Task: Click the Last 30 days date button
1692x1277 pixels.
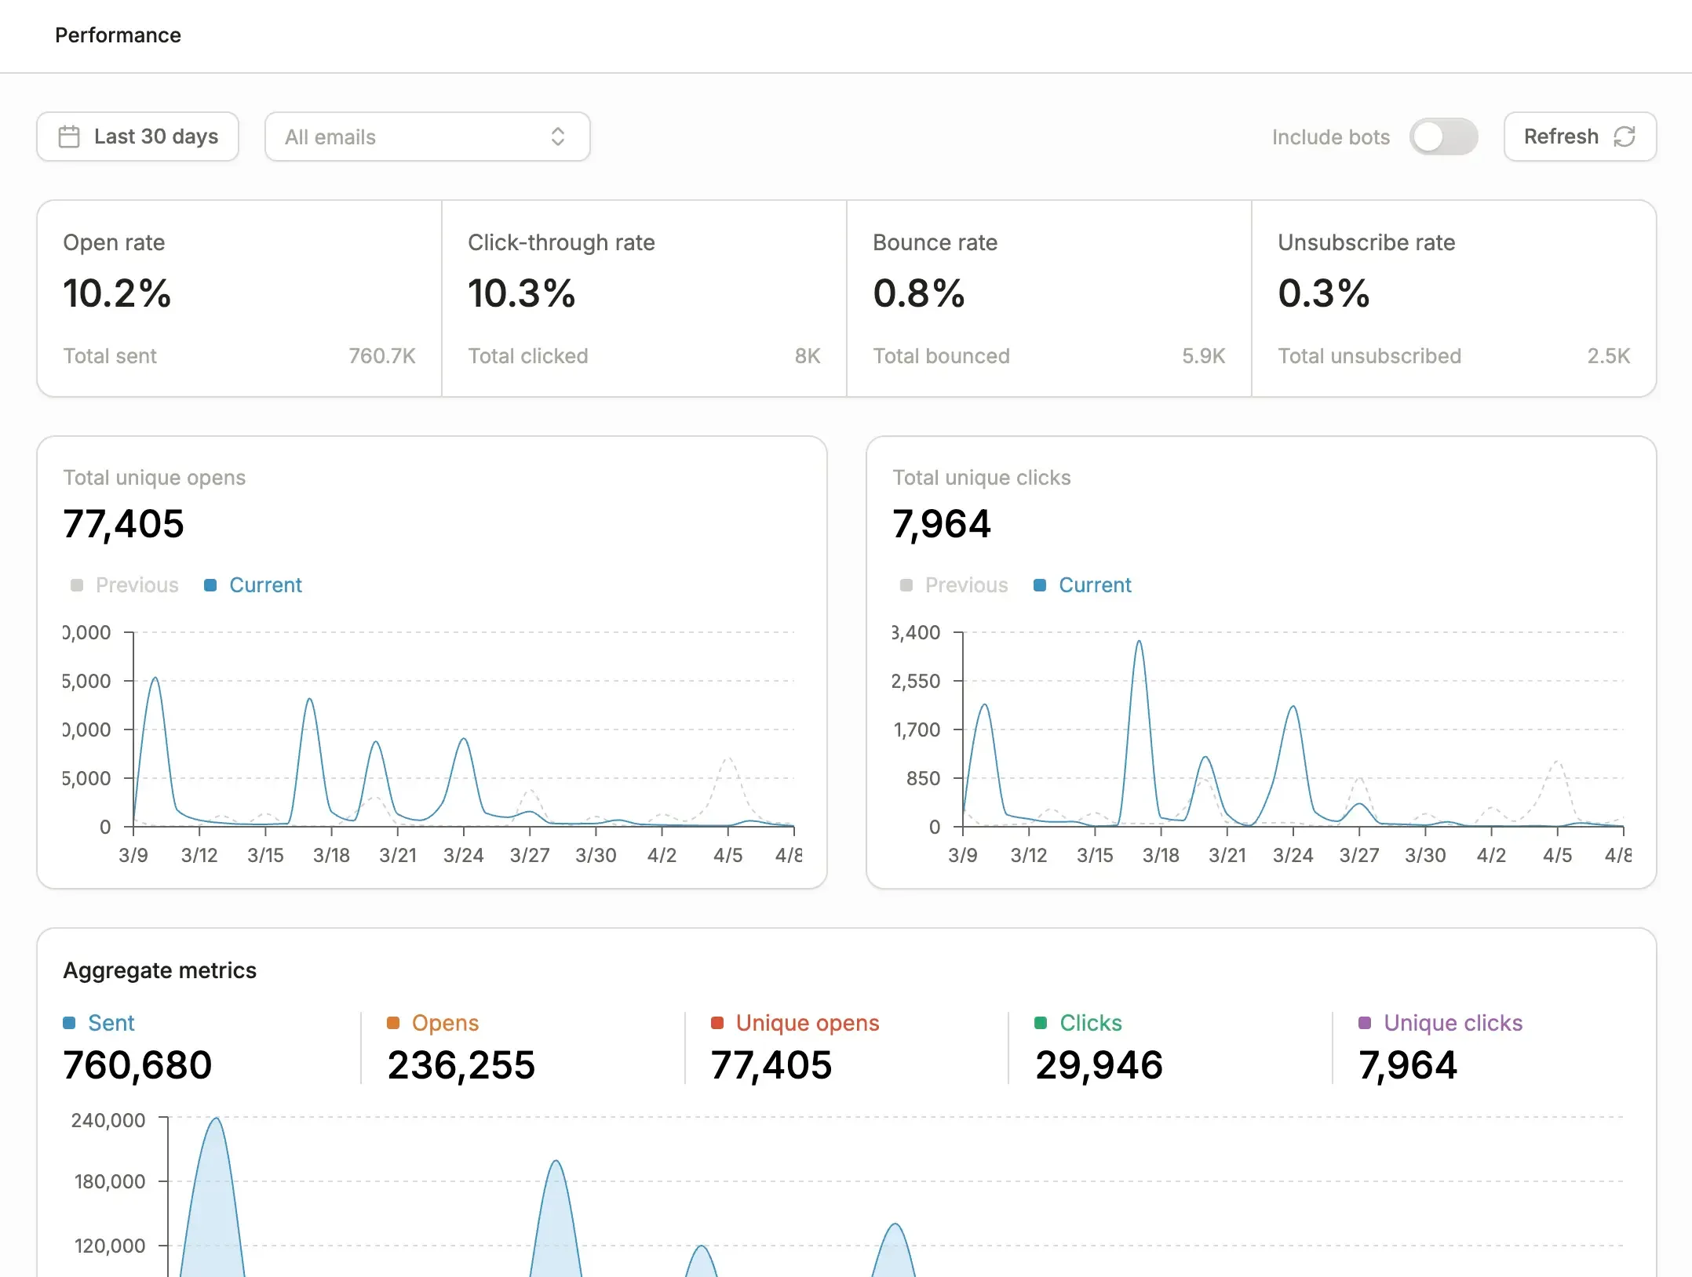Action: click(x=138, y=136)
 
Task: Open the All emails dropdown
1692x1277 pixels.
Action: click(x=427, y=136)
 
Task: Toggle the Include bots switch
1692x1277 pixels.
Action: click(x=1442, y=136)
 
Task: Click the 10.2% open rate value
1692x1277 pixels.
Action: click(x=117, y=293)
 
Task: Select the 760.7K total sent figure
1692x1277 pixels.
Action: click(x=381, y=356)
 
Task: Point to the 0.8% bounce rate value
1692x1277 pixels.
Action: click(x=918, y=293)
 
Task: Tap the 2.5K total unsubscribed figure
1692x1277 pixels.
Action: click(x=1608, y=356)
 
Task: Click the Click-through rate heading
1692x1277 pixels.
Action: click(x=561, y=242)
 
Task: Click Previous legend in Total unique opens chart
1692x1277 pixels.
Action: click(x=137, y=585)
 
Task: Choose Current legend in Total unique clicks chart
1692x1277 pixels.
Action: click(x=1094, y=585)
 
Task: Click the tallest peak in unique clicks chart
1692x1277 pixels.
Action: click(x=1139, y=642)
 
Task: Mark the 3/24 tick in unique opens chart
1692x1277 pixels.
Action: click(x=463, y=854)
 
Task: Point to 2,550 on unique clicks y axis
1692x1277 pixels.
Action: click(x=915, y=681)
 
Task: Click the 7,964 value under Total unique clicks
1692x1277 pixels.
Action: click(x=941, y=524)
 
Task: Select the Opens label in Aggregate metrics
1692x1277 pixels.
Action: click(x=444, y=1023)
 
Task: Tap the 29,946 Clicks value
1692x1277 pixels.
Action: click(x=1098, y=1065)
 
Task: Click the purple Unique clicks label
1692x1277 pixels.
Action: click(x=1452, y=1023)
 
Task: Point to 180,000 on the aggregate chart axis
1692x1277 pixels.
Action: click(x=110, y=1181)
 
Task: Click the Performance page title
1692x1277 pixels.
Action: click(x=118, y=35)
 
